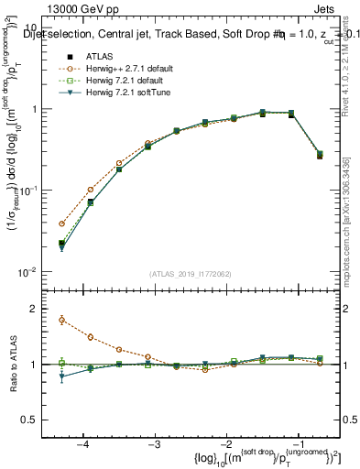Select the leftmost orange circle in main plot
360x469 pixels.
pyautogui.click(x=61, y=224)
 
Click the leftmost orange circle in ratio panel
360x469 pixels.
pyautogui.click(x=61, y=320)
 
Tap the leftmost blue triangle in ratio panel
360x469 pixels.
pyautogui.click(x=61, y=376)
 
